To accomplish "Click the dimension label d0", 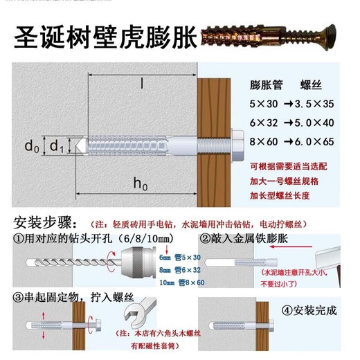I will [31, 147].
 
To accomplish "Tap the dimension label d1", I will [56, 147].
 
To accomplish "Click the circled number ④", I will [285, 310].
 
